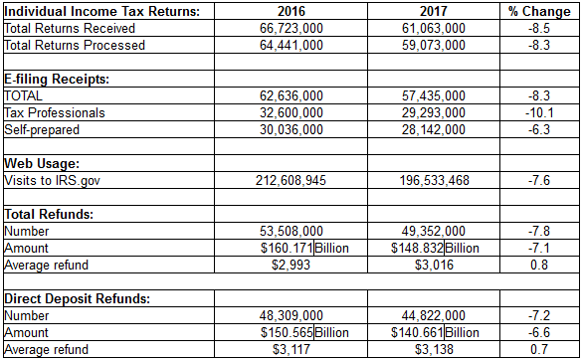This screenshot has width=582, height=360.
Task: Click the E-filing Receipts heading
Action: (x=58, y=79)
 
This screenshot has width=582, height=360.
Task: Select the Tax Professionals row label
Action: (x=55, y=112)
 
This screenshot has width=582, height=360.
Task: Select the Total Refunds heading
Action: (x=50, y=214)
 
